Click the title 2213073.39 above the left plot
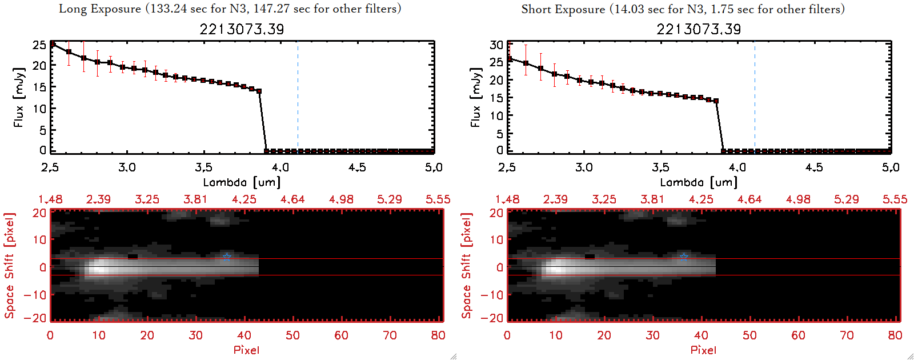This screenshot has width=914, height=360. pos(242,29)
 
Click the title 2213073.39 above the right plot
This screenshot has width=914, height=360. pos(699,29)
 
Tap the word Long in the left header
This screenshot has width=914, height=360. pos(71,9)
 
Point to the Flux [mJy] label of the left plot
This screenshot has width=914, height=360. pos(19,97)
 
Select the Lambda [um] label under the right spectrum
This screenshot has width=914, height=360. pos(699,182)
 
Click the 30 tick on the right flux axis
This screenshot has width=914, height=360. pos(496,45)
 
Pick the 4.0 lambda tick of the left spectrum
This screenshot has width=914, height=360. pos(280,167)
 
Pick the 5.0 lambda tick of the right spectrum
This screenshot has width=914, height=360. pos(891,167)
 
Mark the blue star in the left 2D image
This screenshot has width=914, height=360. pos(227,257)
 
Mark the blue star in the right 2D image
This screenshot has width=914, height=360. pos(684,257)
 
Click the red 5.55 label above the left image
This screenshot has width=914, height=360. pos(438,199)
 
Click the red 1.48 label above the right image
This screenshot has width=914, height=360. pos(507,199)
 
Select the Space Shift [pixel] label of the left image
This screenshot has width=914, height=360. pos(9,266)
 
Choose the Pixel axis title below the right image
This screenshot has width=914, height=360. pos(703,350)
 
